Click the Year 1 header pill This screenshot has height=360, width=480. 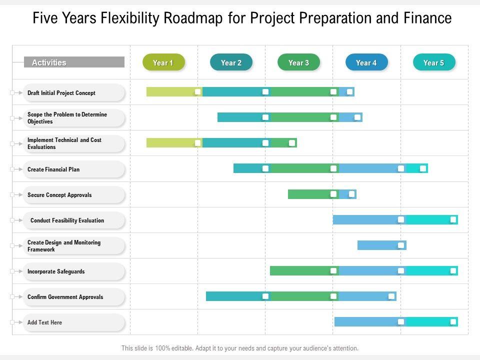point(163,62)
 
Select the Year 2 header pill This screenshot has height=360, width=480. point(231,62)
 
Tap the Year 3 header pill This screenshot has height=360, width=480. point(298,62)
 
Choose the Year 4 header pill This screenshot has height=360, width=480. point(366,62)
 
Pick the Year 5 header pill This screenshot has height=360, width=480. point(434,62)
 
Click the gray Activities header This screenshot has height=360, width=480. point(74,62)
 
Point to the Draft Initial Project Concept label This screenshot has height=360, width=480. point(61,93)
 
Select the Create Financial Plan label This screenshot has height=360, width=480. point(53,169)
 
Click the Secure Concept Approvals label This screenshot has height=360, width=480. point(59,195)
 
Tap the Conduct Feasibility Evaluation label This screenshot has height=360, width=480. point(67,220)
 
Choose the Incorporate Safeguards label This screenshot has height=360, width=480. point(56,271)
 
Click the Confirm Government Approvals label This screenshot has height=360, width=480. point(65,297)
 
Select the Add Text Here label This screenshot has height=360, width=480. point(45,322)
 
